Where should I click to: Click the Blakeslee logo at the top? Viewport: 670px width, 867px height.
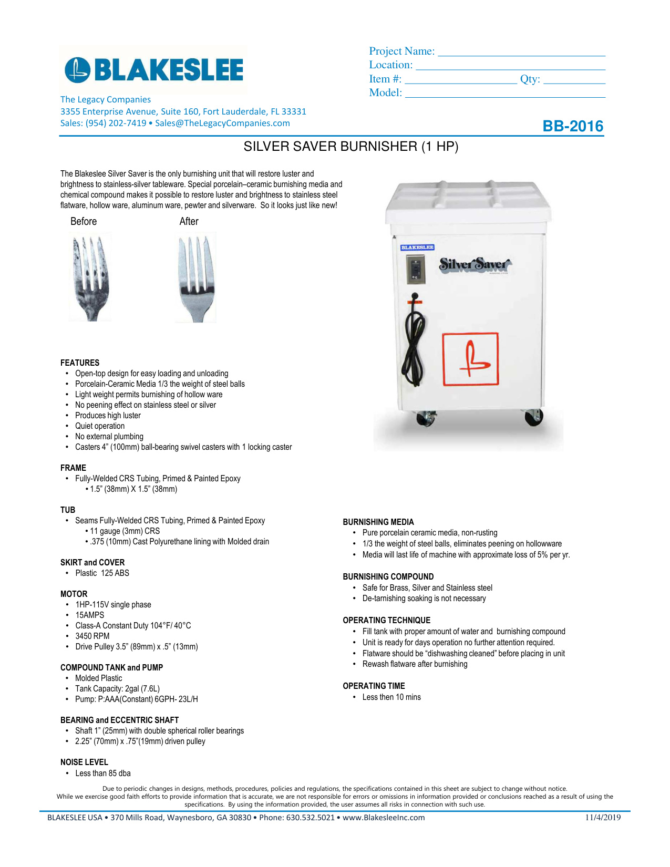(153, 70)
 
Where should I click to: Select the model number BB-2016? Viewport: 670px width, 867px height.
(573, 126)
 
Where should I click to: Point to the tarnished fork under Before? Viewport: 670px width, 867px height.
(90, 276)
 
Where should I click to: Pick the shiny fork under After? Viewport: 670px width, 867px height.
(195, 277)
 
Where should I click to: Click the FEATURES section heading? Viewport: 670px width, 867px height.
(80, 363)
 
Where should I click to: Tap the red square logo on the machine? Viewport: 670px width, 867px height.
(470, 359)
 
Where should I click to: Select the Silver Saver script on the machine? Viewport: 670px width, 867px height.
(475, 264)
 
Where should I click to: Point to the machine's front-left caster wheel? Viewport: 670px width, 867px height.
(425, 418)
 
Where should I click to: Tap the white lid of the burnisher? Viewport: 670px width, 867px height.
(468, 202)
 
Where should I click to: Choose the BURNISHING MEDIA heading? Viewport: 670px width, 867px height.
(378, 522)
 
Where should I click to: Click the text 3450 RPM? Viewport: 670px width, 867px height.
(92, 636)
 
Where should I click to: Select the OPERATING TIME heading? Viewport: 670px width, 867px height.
(374, 686)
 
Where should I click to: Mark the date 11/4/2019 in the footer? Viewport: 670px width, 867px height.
(603, 817)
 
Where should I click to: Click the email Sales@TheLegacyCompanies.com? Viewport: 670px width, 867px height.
(222, 123)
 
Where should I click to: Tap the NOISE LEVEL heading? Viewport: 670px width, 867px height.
(84, 762)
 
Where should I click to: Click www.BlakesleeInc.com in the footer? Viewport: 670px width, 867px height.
(384, 818)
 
